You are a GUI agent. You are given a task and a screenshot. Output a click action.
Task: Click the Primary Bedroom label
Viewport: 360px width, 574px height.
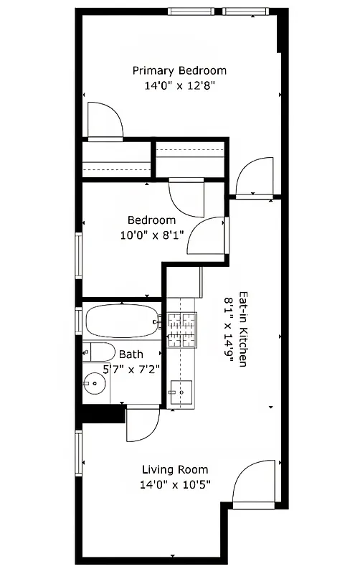coord(179,70)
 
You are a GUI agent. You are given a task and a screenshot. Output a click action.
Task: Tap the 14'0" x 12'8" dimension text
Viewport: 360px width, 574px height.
coord(179,85)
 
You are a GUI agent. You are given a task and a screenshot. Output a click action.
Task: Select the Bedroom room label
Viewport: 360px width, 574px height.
coord(151,220)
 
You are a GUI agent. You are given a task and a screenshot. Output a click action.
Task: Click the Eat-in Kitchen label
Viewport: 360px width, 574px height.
coord(243,329)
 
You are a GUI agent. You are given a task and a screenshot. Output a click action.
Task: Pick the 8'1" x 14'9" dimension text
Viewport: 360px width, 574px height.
coord(229,329)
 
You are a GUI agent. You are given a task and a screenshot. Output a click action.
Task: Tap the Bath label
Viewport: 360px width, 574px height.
coord(131,354)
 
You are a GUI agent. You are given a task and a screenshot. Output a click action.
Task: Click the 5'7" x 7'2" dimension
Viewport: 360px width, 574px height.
coord(131,369)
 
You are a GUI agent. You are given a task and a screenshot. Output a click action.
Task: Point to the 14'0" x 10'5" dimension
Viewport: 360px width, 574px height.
coord(176,484)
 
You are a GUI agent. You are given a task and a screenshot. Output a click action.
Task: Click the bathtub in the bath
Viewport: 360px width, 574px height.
coord(123,321)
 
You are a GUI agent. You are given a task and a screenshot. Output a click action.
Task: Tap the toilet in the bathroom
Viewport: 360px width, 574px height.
coord(98,352)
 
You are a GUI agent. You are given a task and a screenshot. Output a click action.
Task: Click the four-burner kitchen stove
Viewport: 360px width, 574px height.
coord(181,330)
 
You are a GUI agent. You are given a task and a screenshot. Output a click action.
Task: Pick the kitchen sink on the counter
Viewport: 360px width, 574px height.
coord(181,392)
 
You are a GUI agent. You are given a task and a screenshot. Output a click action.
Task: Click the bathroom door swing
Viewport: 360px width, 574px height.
coord(141,425)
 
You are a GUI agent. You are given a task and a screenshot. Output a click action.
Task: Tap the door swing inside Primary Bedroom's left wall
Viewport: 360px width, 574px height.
coord(104,121)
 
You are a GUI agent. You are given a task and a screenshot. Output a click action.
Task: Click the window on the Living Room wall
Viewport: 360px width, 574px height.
coord(78,451)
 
